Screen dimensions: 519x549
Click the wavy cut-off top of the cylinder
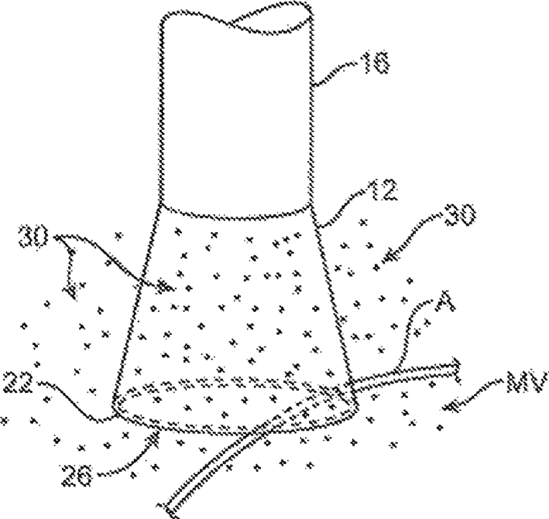coord(240,21)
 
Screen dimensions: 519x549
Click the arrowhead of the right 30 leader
coord(377,267)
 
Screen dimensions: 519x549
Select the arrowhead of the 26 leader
coord(158,439)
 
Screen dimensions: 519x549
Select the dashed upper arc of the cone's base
coord(232,379)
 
